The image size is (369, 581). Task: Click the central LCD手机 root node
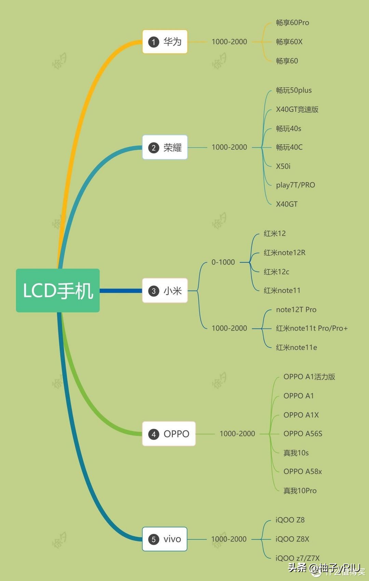pos(58,290)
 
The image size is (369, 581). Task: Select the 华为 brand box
pos(165,42)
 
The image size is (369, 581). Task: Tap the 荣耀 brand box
pos(165,147)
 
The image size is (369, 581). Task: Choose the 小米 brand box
pos(165,291)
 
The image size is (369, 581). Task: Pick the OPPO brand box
pos(169,434)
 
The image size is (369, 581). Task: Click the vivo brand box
pos(165,539)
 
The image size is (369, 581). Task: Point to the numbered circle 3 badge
pos(153,291)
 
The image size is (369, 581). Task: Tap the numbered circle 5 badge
pos(153,539)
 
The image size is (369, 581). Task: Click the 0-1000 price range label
pos(223,262)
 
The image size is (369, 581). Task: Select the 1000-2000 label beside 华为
pos(229,42)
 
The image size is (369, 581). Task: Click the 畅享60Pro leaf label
pos(292,23)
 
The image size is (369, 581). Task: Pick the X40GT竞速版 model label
pos(297,109)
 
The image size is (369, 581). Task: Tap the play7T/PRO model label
pos(296,185)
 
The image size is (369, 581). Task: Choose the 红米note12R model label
pos(285,253)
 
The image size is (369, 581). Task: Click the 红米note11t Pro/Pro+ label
pos(312,328)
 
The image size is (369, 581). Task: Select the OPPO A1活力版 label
pos(309,377)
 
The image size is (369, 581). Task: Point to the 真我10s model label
pos(296,453)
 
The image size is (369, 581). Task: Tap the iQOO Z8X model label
pos(292,539)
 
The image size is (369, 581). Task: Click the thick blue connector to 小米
pos(121,291)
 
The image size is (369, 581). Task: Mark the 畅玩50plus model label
pos(294,90)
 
